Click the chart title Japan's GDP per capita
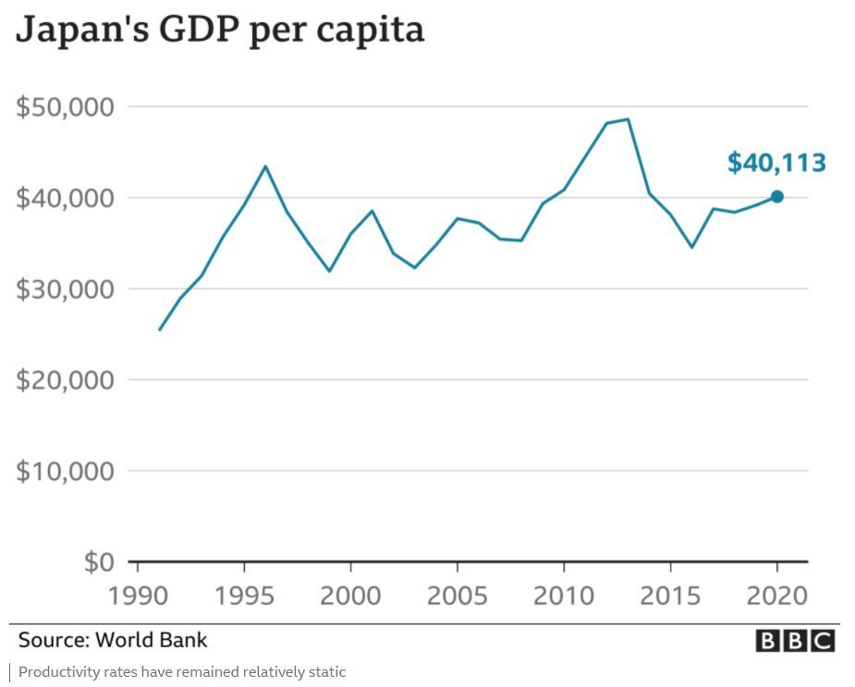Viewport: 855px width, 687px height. [220, 30]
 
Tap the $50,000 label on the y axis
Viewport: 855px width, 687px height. [66, 107]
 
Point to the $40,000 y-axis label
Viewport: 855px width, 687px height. [66, 198]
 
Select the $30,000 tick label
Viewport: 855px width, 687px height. [66, 289]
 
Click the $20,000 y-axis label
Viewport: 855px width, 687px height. [66, 380]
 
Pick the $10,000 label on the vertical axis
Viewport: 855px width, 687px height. [66, 472]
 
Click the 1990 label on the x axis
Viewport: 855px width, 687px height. [137, 595]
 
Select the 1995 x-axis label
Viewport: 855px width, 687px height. [244, 595]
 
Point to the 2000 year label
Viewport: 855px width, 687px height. [350, 595]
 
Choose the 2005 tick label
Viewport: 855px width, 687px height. [458, 595]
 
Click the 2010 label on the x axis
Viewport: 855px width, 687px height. [564, 595]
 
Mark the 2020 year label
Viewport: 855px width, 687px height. [777, 595]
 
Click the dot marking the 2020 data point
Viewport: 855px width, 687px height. [777, 196]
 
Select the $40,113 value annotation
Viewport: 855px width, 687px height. [776, 164]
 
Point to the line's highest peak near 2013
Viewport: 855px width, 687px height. [629, 119]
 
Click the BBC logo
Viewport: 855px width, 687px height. [795, 641]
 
